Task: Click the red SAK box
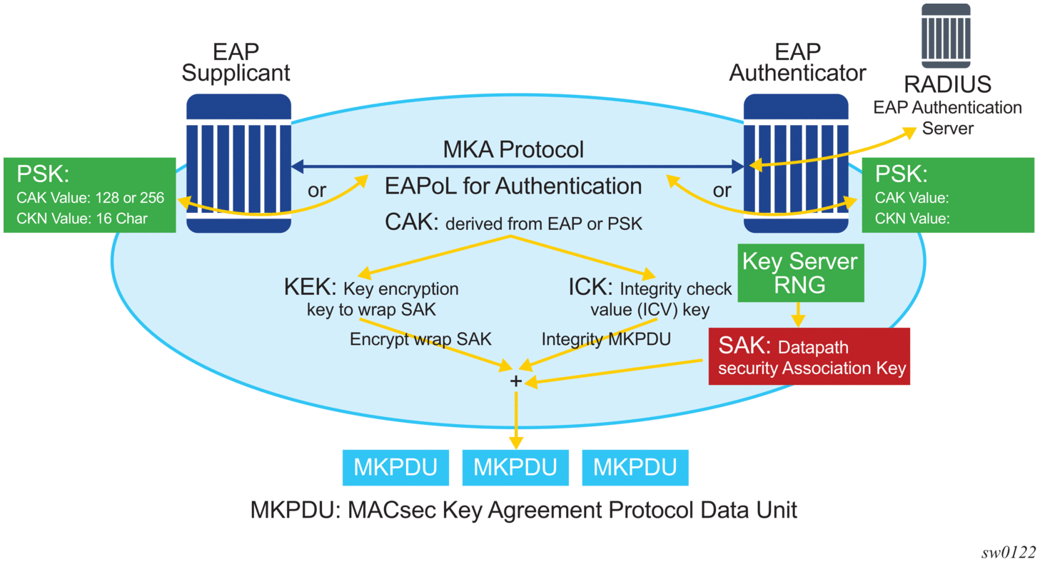[809, 356]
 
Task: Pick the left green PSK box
[89, 195]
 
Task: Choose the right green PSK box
[948, 195]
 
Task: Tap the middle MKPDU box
[515, 468]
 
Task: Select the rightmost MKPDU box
[635, 468]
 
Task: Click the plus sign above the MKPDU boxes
[515, 381]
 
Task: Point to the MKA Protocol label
[513, 149]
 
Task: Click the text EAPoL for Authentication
[513, 186]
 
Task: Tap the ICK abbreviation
[590, 289]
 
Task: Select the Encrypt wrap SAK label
[420, 339]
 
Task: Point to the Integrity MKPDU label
[606, 339]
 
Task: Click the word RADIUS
[948, 84]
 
